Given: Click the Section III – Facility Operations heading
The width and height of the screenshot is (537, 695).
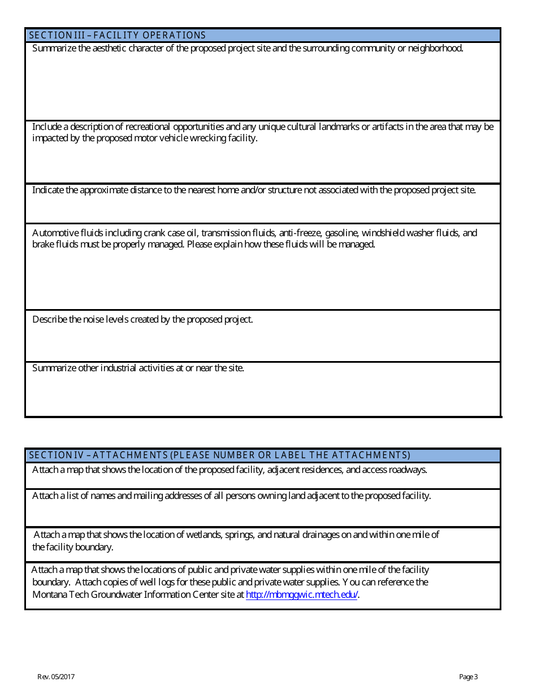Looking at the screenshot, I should coord(117,35).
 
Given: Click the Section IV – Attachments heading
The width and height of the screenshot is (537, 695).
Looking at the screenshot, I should coord(219,455).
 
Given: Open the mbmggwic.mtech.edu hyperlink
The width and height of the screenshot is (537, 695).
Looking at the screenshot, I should coord(302,595).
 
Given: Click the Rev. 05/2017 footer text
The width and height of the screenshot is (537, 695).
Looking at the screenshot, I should coord(56,677).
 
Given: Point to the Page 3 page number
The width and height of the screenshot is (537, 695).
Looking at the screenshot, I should coord(468,677).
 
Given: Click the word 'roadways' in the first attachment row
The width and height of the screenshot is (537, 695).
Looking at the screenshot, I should coord(409,470).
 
